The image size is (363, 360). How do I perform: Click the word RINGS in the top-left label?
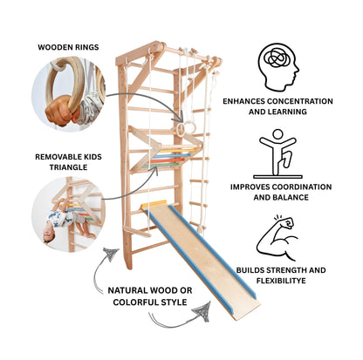(85, 47)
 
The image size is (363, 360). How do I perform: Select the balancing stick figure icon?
(277, 153)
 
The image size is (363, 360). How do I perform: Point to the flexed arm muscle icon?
(276, 238)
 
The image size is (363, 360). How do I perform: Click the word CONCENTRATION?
(300, 101)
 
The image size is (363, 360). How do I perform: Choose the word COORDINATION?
(301, 187)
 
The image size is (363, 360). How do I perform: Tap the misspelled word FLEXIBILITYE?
(281, 281)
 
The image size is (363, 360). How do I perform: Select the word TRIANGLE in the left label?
(68, 167)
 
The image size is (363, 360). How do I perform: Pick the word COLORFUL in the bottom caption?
(134, 302)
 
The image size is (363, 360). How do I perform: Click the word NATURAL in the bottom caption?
(127, 290)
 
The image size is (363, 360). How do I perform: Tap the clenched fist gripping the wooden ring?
(59, 111)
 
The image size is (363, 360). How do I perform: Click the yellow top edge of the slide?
(154, 204)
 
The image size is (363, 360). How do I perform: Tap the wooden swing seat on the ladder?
(137, 231)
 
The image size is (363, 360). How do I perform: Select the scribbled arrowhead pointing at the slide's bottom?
(202, 312)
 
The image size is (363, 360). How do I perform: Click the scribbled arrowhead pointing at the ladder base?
(110, 255)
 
